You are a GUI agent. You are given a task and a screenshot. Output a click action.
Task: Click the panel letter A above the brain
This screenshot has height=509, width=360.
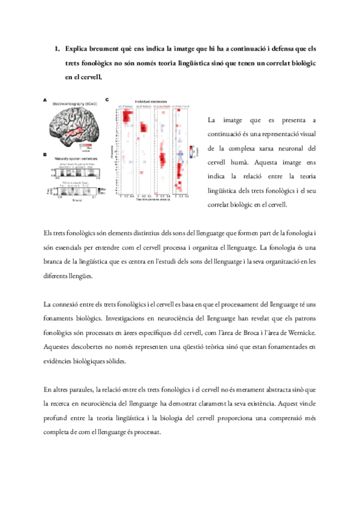[x=44, y=100]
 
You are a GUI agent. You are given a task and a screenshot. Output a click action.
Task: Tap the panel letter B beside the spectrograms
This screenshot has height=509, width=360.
[x=44, y=154]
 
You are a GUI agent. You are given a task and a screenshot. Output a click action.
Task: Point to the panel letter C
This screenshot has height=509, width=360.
[x=107, y=100]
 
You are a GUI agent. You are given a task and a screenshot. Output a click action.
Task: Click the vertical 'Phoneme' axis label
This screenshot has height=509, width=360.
[x=113, y=149]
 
